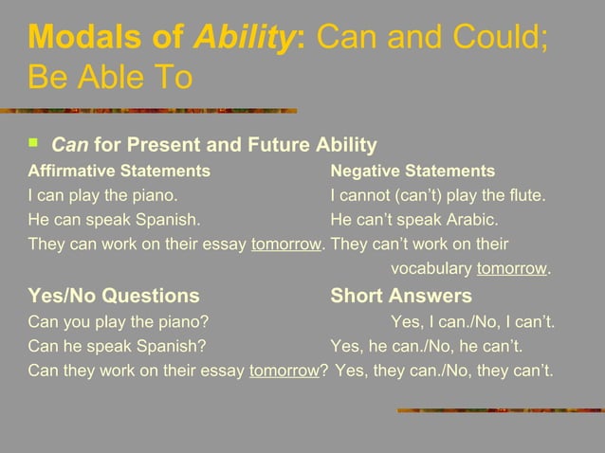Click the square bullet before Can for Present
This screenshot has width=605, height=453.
click(x=35, y=143)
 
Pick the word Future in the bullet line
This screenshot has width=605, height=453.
click(x=276, y=145)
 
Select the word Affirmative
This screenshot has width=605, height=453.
click(x=72, y=172)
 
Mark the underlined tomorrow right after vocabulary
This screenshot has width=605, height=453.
click(x=512, y=268)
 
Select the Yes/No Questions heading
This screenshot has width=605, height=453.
click(x=114, y=296)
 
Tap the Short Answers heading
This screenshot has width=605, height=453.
click(x=400, y=296)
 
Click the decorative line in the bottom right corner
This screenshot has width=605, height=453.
click(x=497, y=410)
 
